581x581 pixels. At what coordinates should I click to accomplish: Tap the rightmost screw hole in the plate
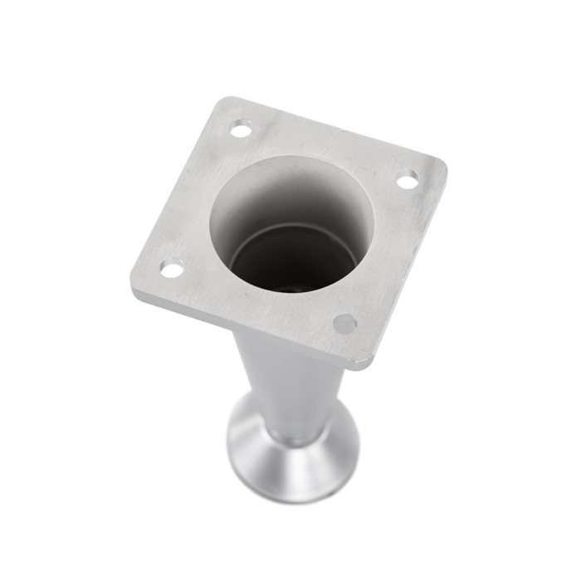(x=407, y=179)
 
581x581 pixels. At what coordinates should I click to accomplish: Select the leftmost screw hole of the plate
(x=172, y=268)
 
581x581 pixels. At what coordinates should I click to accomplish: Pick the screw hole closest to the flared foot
(x=344, y=324)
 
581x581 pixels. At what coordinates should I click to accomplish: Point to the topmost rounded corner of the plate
(x=226, y=101)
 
